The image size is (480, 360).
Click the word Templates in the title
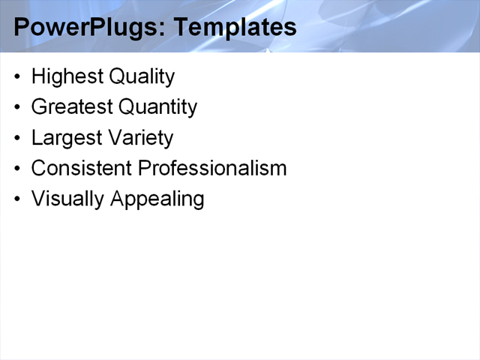(235, 28)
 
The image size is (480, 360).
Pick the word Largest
(67, 139)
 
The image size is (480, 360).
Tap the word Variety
(141, 139)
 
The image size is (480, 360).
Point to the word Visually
(67, 199)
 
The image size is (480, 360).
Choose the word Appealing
(157, 199)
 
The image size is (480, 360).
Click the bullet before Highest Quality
(18, 77)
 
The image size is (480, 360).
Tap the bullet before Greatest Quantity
(18, 108)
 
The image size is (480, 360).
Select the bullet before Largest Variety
(18, 139)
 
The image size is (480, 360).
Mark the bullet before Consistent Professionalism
(18, 169)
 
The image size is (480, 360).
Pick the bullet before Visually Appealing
(18, 199)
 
